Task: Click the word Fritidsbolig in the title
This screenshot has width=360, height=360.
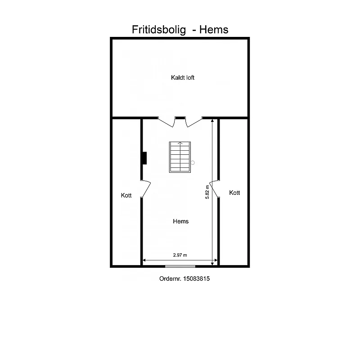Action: pos(159,30)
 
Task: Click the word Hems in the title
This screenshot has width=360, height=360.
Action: pos(214,30)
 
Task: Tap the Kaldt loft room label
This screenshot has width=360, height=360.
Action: pos(183,77)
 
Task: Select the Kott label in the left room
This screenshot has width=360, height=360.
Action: pos(126,195)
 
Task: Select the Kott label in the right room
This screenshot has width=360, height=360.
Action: pos(234,193)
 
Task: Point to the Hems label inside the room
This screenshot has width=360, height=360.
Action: pos(181,221)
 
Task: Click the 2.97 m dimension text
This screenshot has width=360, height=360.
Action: pos(180,255)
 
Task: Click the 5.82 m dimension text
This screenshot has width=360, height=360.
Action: pos(207,192)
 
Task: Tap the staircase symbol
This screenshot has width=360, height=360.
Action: pos(180,157)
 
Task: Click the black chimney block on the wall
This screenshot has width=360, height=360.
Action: pos(144,158)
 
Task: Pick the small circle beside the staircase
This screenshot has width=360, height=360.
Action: pos(193,163)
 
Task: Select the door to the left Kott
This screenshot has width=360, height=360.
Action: pos(146,189)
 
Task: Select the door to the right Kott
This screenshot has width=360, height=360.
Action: pos(214,189)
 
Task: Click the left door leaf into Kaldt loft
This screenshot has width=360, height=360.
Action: pos(166,122)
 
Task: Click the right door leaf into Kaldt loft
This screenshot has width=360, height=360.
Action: pos(194,122)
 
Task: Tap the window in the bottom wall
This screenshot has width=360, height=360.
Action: pos(180,266)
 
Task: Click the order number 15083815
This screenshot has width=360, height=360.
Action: pos(197,279)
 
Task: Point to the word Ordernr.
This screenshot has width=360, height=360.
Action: pos(171,279)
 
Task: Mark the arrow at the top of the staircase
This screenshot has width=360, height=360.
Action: pos(180,143)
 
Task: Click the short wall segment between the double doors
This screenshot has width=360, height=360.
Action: pos(180,118)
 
